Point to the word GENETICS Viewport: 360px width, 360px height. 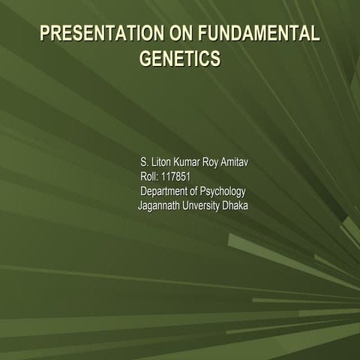click(180, 58)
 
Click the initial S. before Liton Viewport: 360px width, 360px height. click(143, 163)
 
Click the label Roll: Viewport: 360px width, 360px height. click(149, 177)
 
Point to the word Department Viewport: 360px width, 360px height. click(166, 191)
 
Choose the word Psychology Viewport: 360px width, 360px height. click(223, 192)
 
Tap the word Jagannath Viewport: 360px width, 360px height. click(160, 205)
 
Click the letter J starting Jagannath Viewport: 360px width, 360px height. click(140, 205)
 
